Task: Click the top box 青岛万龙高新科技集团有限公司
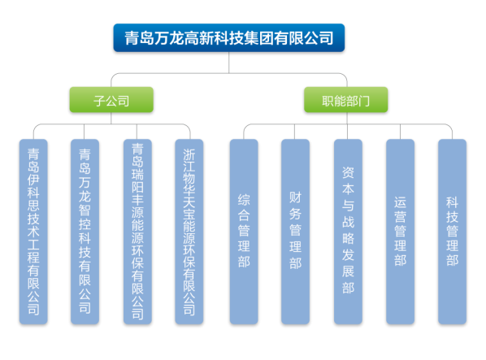[x=228, y=38]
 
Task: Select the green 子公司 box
[x=111, y=100]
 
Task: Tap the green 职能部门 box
[x=345, y=100]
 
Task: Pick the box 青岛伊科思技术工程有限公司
[x=33, y=232]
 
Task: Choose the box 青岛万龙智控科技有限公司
[x=85, y=232]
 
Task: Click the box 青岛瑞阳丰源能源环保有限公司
[x=137, y=232]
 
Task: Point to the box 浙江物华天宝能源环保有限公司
[x=189, y=232]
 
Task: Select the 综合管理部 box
[x=244, y=232]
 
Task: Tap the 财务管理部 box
[x=295, y=232]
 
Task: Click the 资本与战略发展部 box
[x=348, y=232]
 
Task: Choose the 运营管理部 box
[x=400, y=232]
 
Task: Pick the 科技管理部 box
[x=452, y=232]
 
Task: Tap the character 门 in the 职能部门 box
[x=364, y=101]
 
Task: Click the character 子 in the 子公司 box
[x=99, y=101]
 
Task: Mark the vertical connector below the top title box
[x=228, y=63]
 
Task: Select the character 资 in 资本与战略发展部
[x=348, y=172]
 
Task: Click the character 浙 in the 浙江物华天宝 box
[x=189, y=154]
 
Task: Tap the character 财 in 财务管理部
[x=295, y=197]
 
